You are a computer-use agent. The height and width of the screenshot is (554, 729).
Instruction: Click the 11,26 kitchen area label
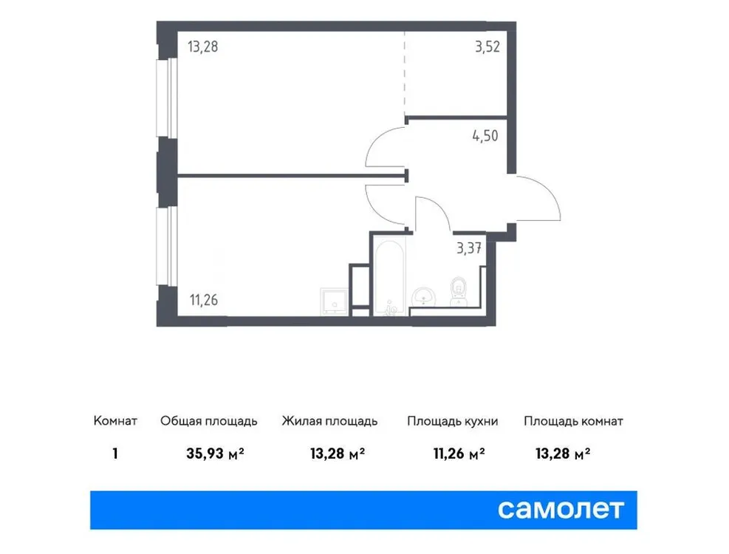[204, 300]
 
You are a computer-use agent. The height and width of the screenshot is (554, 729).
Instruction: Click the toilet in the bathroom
[458, 290]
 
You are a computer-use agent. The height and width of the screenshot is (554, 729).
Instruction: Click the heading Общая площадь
[209, 422]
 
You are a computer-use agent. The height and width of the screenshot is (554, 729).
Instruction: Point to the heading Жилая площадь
[329, 422]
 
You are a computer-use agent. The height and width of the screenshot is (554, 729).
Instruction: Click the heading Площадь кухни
[452, 422]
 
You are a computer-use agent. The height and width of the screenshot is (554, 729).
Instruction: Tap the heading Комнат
[115, 422]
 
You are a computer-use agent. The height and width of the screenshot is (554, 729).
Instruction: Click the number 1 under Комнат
[115, 454]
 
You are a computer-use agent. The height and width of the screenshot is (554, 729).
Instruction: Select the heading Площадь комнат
[573, 422]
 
